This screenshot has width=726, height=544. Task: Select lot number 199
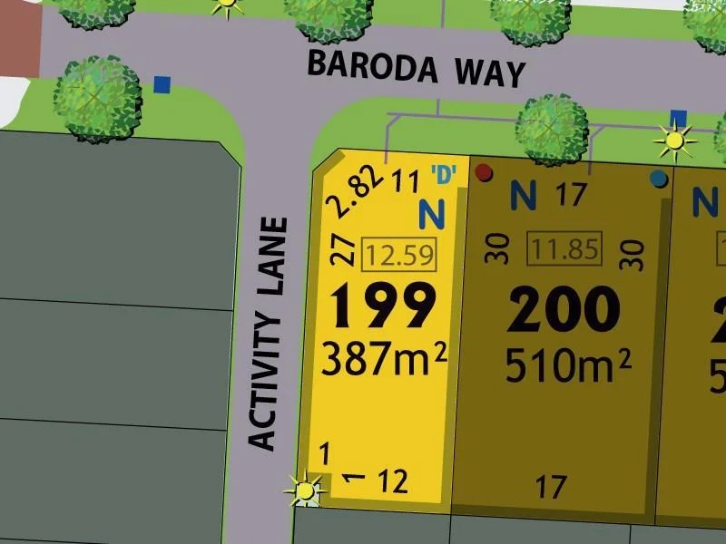point(383,307)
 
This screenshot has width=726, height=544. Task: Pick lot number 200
point(564,311)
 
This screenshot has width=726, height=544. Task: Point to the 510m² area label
point(568,366)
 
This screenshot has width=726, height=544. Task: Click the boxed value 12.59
point(399,255)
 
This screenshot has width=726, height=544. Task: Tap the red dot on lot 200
point(484,172)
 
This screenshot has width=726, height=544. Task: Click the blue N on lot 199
point(432,215)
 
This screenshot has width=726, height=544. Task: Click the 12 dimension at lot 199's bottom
point(392,481)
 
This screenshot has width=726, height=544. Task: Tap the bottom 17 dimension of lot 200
point(551,488)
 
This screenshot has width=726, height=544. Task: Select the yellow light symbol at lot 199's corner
point(305,491)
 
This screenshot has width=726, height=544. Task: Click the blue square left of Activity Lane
point(162,84)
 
